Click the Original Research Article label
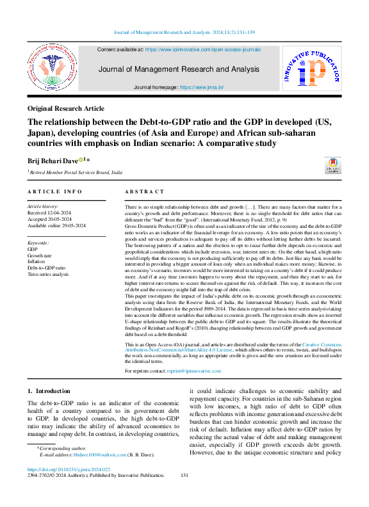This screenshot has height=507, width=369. (66, 109)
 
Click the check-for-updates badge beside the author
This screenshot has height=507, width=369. (334, 165)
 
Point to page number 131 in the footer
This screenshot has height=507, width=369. (184, 476)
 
